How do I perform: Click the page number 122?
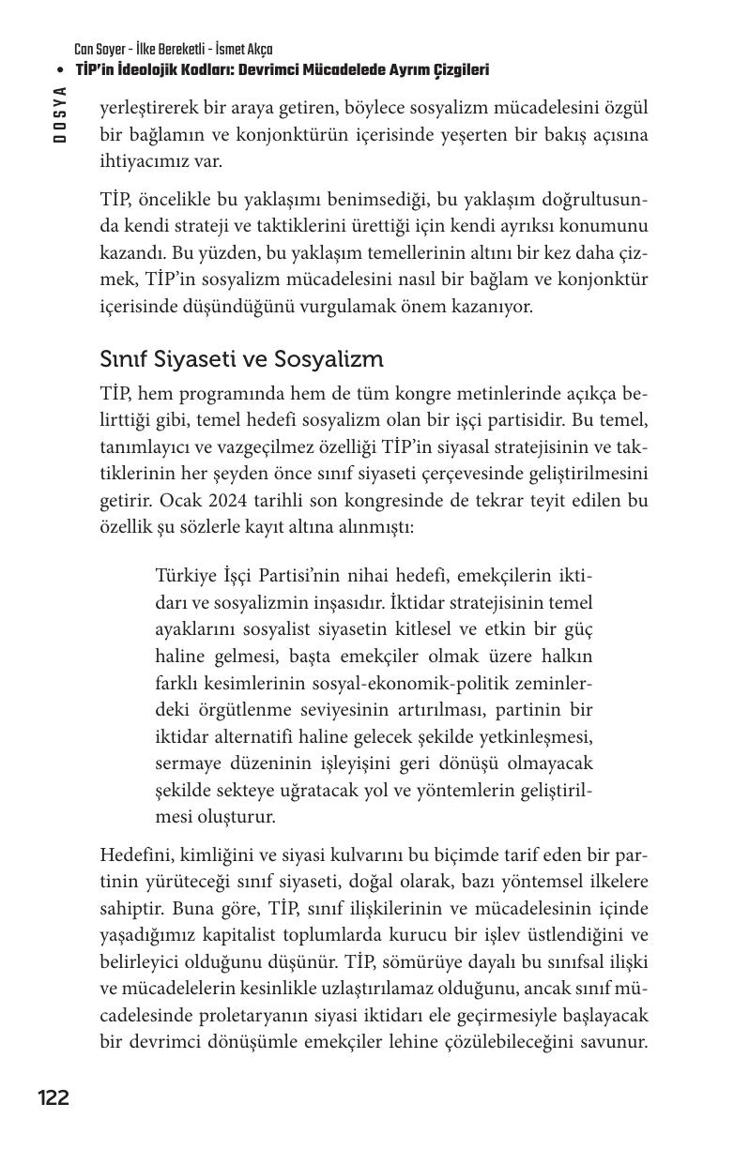(53, 1097)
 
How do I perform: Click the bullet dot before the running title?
(61, 70)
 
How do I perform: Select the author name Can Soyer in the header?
(99, 49)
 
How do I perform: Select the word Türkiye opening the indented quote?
(186, 574)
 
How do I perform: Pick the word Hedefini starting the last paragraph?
(130, 855)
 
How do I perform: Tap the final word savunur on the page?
(614, 1041)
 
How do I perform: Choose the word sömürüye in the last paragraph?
(423, 962)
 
